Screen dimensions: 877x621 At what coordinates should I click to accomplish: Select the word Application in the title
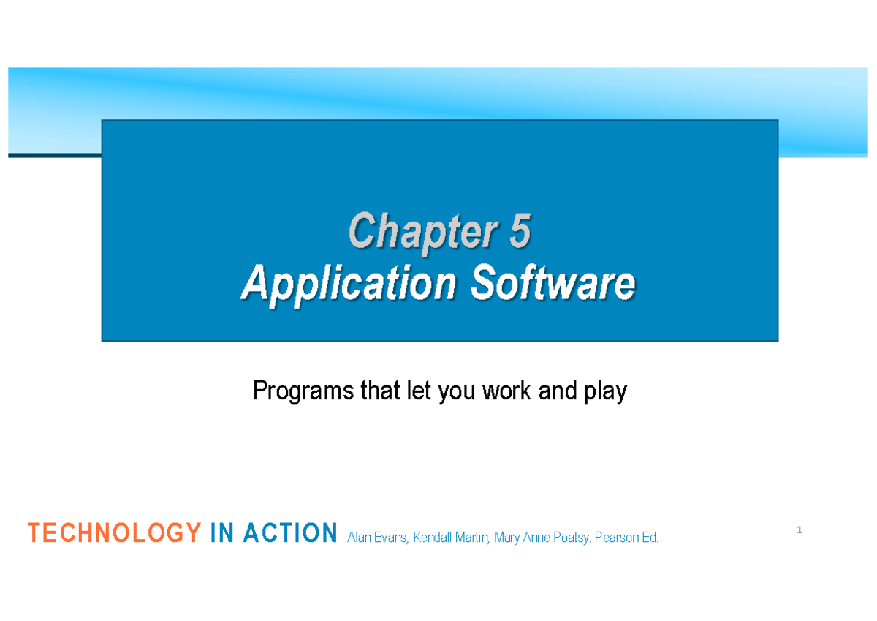click(x=349, y=284)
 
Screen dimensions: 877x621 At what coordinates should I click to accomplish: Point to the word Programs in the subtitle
click(x=303, y=391)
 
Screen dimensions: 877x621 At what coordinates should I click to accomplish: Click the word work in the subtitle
click(x=506, y=391)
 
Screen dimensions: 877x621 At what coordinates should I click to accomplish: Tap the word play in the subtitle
click(x=605, y=391)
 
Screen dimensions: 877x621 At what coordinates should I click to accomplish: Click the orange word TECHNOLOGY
click(x=114, y=532)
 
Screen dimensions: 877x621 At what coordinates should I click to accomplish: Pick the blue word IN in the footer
click(x=222, y=532)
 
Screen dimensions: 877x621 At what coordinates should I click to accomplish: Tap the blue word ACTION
click(x=290, y=532)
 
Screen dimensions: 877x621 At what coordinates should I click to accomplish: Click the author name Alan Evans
click(x=378, y=538)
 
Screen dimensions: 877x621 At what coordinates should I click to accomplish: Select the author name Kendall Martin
click(x=452, y=538)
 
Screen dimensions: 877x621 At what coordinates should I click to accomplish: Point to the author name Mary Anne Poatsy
click(x=542, y=538)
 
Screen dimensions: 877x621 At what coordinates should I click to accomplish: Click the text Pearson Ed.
click(x=626, y=538)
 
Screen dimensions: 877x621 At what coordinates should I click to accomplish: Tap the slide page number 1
click(x=800, y=530)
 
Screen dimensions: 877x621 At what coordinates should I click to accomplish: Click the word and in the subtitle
click(x=558, y=391)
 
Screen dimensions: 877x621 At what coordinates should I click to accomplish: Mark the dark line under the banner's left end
click(x=55, y=156)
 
